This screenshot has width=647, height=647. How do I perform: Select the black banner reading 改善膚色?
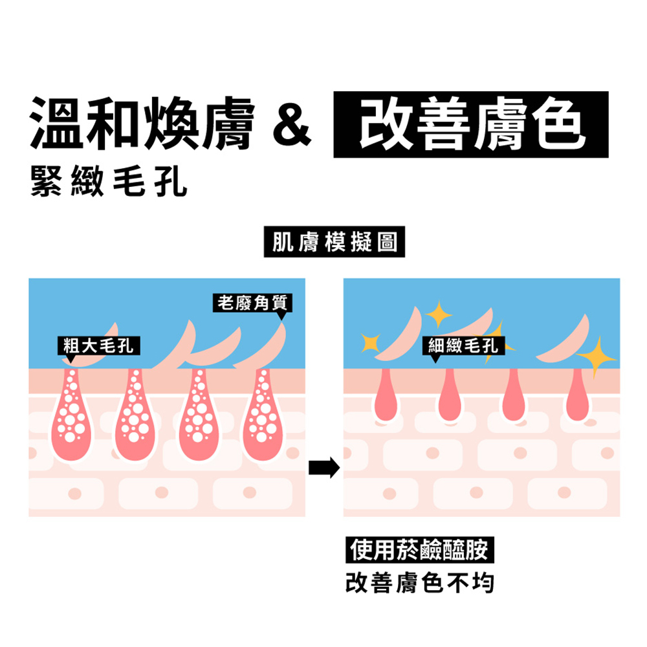[x=470, y=125]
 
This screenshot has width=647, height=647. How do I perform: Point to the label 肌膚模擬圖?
[x=334, y=242]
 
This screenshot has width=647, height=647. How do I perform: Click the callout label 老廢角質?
[x=252, y=302]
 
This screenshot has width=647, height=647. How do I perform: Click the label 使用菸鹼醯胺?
[x=419, y=550]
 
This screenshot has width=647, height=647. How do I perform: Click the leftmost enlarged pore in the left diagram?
[x=73, y=414]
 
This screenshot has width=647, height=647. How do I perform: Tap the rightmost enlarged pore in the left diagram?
[x=262, y=414]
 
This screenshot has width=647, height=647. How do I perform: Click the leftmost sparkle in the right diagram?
[x=371, y=344]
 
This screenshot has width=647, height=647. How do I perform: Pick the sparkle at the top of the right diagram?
[x=440, y=314]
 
